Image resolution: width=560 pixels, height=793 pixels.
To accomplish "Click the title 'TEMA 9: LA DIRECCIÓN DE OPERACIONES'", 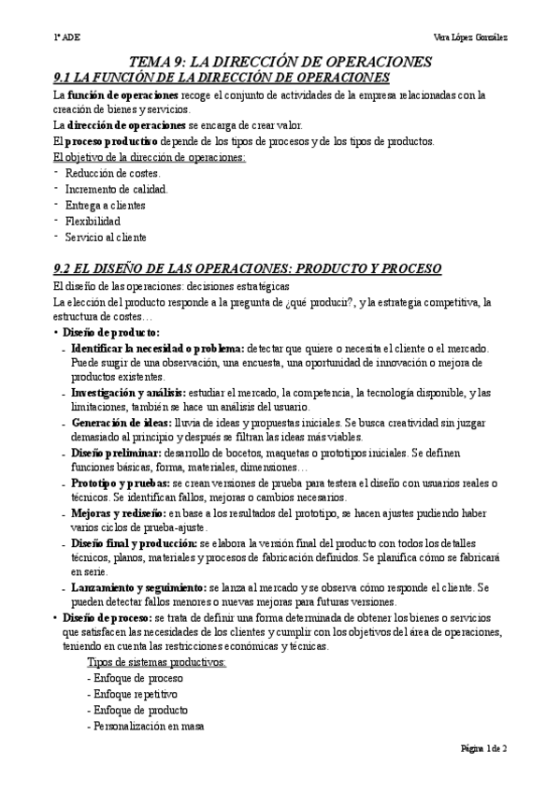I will pos(280,61).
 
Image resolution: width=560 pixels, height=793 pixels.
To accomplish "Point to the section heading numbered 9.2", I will pos(247,269).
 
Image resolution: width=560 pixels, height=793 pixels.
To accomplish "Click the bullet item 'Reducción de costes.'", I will pos(113,174).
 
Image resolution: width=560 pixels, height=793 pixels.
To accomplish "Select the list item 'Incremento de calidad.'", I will pos(117,190).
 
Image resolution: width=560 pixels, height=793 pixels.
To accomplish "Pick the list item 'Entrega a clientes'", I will pos(107,206).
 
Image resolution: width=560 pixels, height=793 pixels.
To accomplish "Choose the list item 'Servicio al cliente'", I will pos(107,238).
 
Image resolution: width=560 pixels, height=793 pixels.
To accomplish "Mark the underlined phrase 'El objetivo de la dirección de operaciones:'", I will pos(150,157).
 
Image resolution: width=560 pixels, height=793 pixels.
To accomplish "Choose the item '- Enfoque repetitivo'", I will pos(132,694).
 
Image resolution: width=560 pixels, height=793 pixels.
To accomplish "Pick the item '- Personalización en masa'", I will pos(145,726).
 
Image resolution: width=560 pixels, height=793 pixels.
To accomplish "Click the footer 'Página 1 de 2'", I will pos(484,749).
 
